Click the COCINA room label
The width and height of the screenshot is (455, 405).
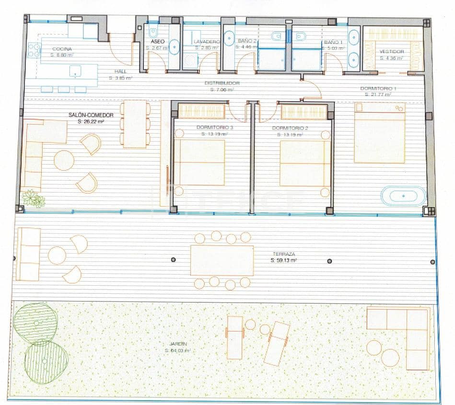pos(62,49)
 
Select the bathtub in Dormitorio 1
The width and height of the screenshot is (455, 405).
pos(403,196)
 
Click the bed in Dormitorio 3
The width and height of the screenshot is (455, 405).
pos(199,162)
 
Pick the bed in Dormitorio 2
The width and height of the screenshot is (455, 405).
pos(305,162)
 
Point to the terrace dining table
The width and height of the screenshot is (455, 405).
pos(222,260)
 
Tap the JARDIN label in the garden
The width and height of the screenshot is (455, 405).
pos(178,344)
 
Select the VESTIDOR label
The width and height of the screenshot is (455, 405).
pos(391,51)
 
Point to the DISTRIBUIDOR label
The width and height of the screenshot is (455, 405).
pos(222,83)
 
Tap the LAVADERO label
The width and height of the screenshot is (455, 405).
pos(207,42)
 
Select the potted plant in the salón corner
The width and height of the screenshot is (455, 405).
pos(33,197)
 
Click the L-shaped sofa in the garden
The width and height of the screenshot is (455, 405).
pos(403,331)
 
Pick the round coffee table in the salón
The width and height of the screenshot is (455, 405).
pos(64,160)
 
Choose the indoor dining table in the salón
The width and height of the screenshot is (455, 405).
pos(135,124)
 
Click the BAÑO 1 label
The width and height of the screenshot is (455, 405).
pos(334,42)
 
